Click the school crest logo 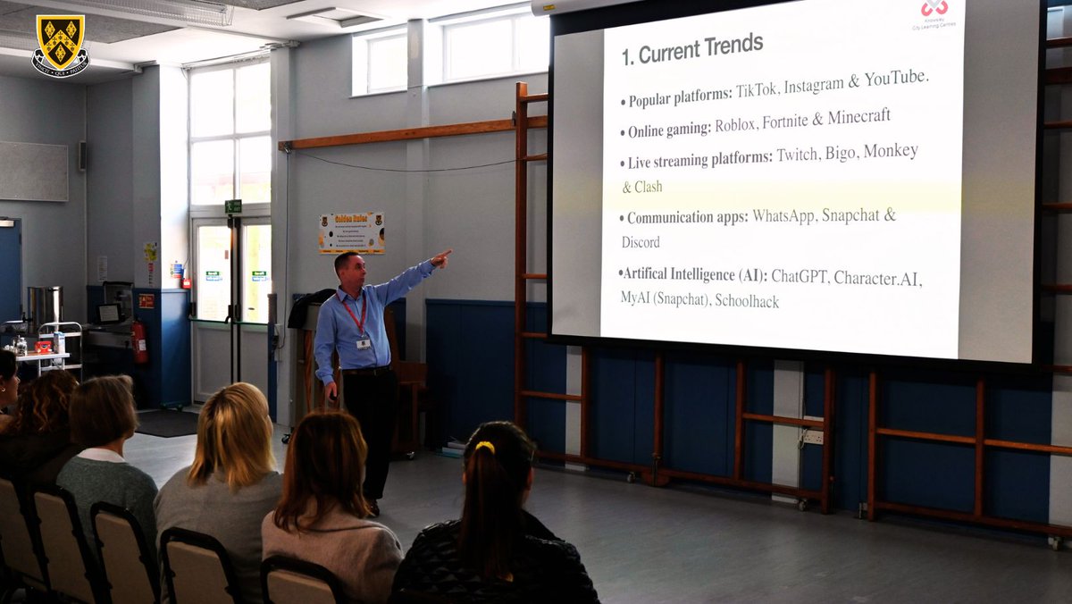tap(60, 45)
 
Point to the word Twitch tap(797, 155)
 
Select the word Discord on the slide tap(641, 242)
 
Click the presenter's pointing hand tap(440, 259)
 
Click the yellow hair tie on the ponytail tap(484, 446)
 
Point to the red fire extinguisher tap(138, 341)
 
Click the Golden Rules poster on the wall tap(351, 232)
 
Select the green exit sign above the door tap(233, 206)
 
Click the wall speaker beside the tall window tap(82, 156)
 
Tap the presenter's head tap(346, 267)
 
